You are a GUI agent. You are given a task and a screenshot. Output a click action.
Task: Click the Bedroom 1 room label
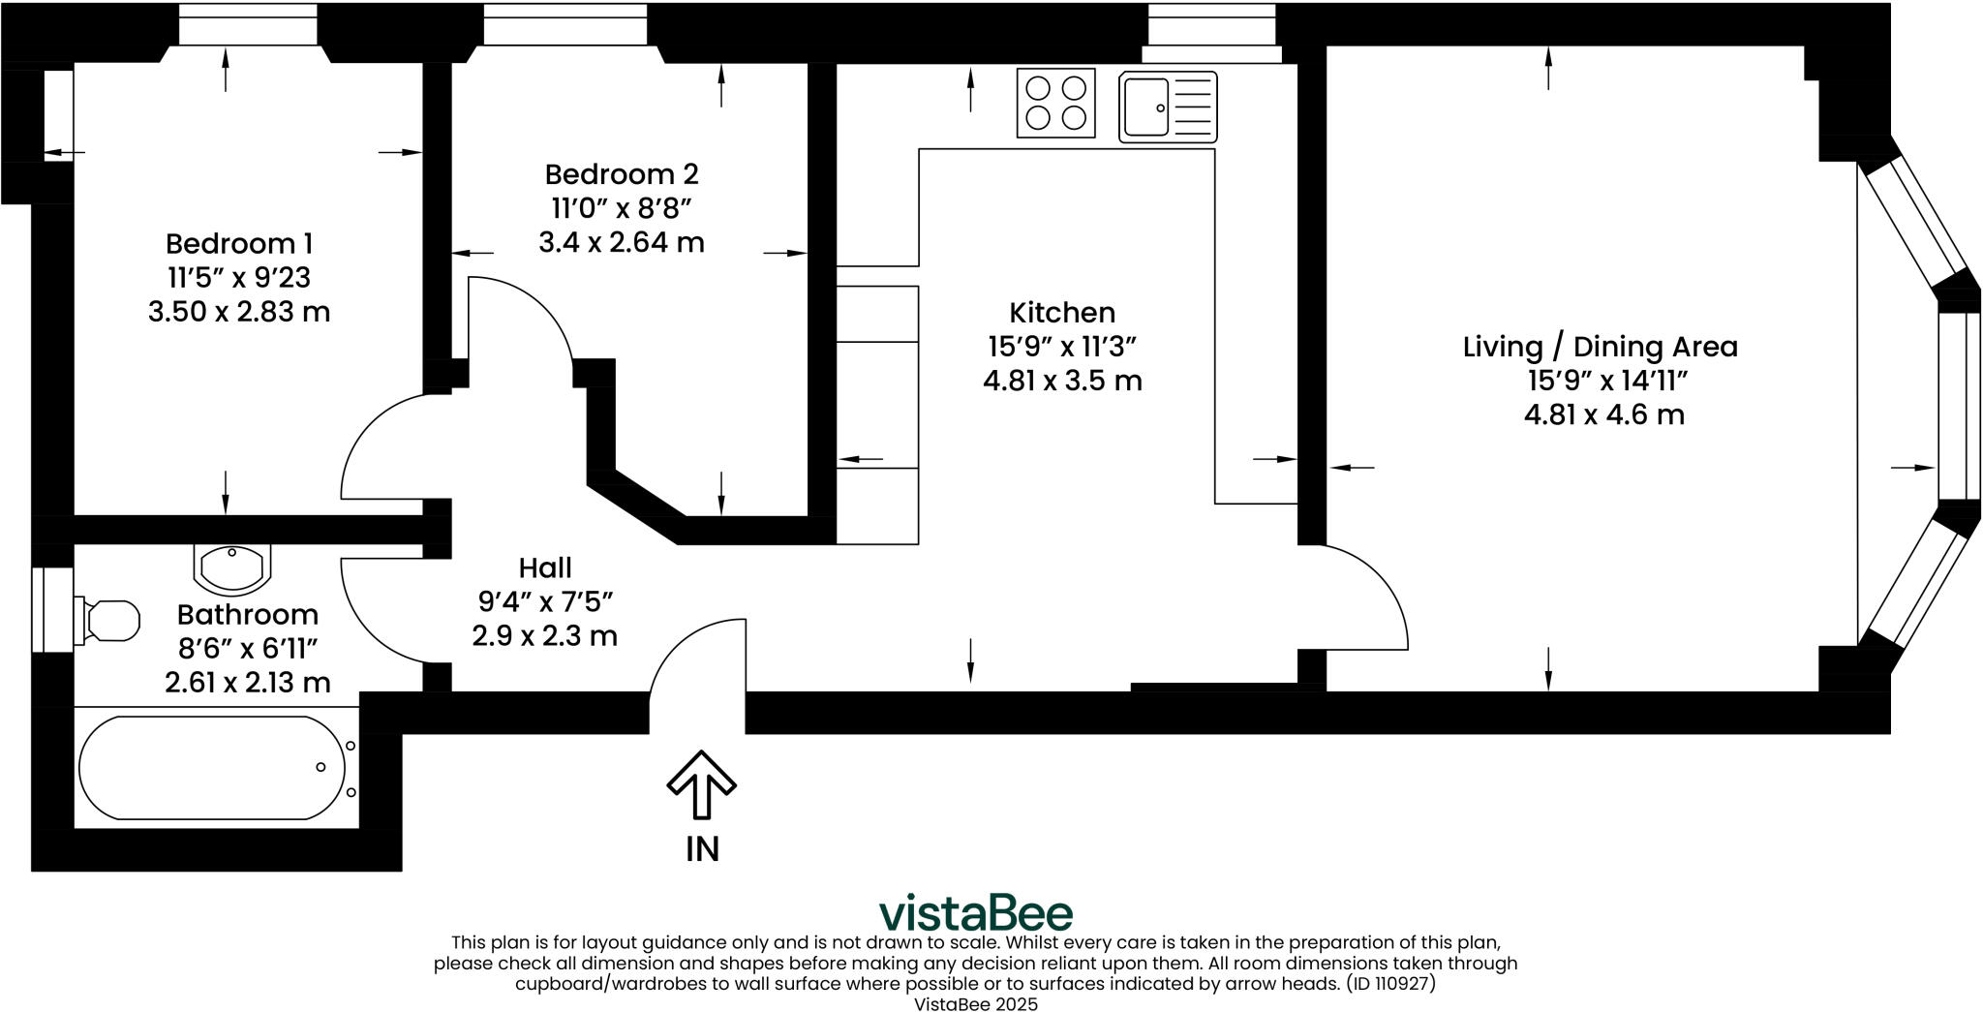point(238,243)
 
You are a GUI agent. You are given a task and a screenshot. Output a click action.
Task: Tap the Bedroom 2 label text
point(621,174)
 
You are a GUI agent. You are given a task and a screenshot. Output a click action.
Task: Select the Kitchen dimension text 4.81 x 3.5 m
point(1062,381)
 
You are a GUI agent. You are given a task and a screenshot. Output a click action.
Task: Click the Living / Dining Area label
point(1600,347)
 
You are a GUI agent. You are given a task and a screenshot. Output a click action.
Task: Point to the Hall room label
point(544,567)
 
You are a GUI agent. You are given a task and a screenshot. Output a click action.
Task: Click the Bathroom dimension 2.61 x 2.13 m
point(247,683)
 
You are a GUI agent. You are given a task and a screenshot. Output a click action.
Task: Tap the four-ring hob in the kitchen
point(1055,103)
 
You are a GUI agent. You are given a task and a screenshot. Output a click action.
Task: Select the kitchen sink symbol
point(1167,107)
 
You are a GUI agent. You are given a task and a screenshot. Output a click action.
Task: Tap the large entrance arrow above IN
point(702,782)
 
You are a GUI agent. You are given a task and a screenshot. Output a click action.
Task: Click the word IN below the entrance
point(702,849)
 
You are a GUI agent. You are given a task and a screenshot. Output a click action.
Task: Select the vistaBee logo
point(975,913)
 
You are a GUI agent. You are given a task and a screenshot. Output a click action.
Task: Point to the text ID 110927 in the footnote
point(1390,984)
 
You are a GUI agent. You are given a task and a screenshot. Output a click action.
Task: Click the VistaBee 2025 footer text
point(975,1004)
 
